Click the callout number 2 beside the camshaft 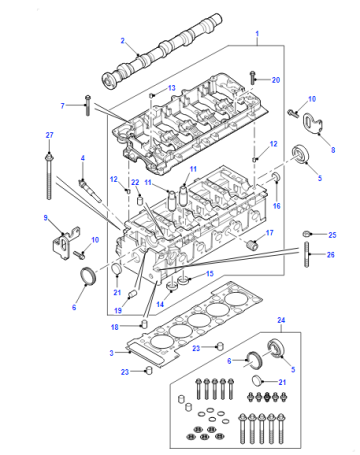pos(122,41)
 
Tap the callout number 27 pos(49,135)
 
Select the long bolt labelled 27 pos(49,176)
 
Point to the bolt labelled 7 pos(88,105)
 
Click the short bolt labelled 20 pos(253,78)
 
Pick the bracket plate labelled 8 pos(313,125)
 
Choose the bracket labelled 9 pos(66,243)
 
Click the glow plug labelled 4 pos(90,190)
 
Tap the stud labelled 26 pos(306,254)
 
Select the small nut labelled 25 pos(306,234)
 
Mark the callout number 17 pos(270,233)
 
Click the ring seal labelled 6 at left pos(88,276)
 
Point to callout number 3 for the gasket pos(111,353)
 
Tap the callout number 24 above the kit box pos(281,320)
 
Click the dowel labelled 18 pos(145,324)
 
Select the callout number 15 pos(209,274)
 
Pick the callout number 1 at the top pos(257,34)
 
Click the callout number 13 pos(172,88)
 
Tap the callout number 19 pos(118,310)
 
